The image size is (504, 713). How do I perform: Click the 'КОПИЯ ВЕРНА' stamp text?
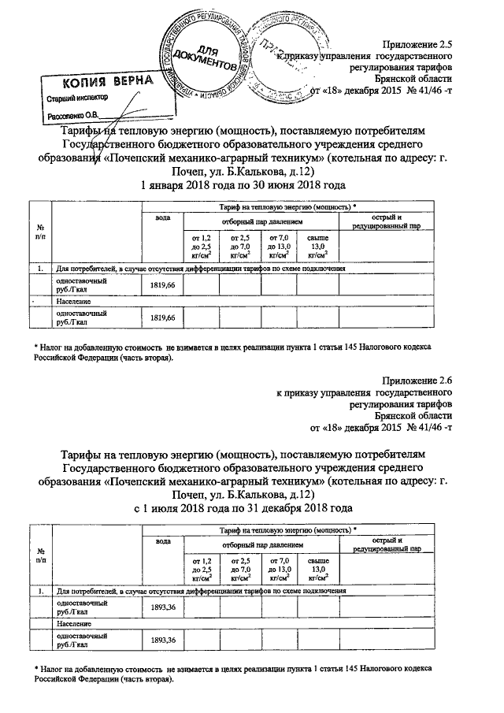[x=99, y=82]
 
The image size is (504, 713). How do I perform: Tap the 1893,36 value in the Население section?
[x=161, y=640]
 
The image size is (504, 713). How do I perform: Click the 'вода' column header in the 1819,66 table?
[x=162, y=217]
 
